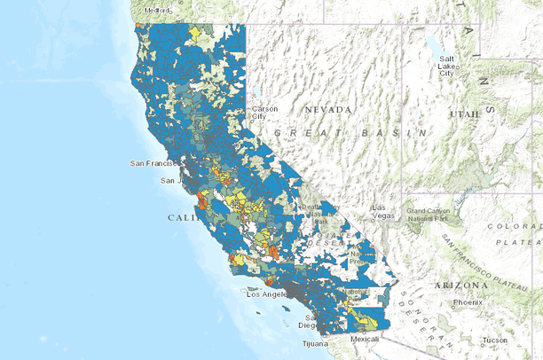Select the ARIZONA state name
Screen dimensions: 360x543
[x=460, y=286]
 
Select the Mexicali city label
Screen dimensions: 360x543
[x=364, y=339]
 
